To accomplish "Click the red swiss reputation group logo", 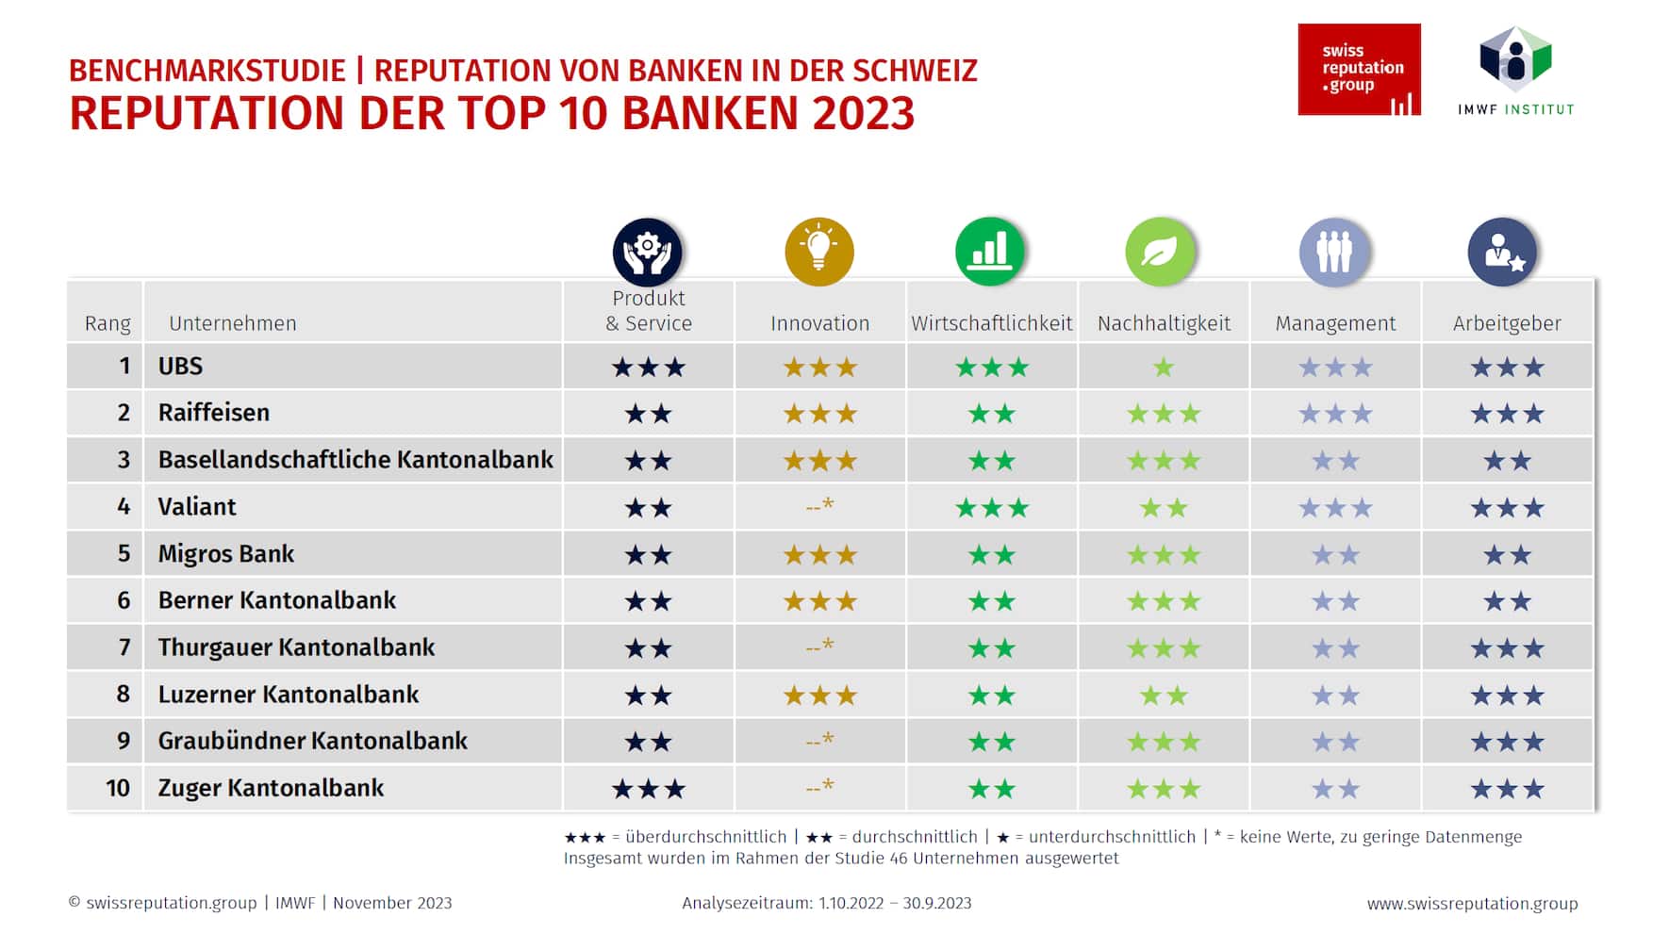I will (x=1358, y=70).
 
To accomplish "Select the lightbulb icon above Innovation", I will (x=819, y=252).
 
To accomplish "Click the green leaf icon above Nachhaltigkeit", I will (x=1161, y=252).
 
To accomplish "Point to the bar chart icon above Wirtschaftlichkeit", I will (x=990, y=252).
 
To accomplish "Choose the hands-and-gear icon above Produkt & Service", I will (x=647, y=252).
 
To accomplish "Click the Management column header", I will (x=1335, y=323).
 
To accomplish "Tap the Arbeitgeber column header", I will (x=1507, y=323).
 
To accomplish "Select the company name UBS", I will (x=180, y=366).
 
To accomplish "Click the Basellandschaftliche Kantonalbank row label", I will (x=355, y=460).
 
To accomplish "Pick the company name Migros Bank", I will (x=226, y=553).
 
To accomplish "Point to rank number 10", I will (x=118, y=788).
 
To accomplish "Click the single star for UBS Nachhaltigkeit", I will (x=1164, y=367).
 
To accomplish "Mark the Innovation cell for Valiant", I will (x=819, y=506).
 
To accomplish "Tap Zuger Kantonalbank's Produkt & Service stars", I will (x=648, y=789).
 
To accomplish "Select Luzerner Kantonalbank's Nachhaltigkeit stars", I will (x=1164, y=696).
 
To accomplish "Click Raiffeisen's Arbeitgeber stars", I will (x=1507, y=414).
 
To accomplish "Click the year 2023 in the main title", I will (x=863, y=113).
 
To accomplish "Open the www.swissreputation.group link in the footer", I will (x=1472, y=903).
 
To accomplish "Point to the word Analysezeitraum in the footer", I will (x=746, y=903).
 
